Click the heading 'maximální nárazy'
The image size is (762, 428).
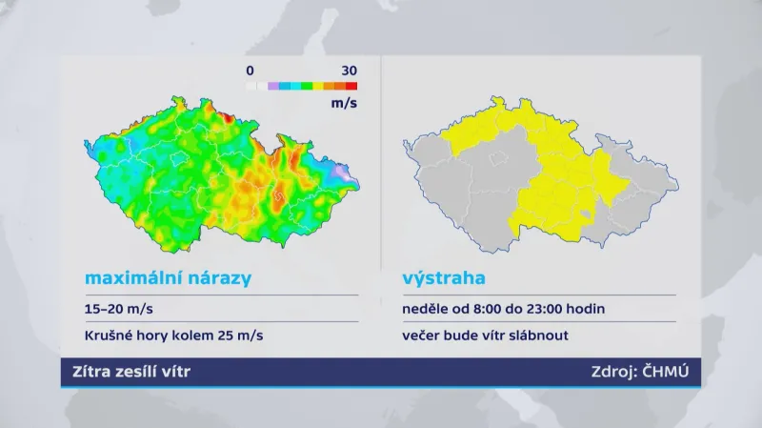click(x=168, y=279)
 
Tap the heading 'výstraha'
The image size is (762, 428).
click(x=444, y=279)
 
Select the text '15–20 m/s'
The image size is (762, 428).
click(x=117, y=309)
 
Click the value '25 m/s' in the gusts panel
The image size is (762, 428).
click(x=240, y=336)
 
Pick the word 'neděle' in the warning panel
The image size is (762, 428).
click(x=426, y=309)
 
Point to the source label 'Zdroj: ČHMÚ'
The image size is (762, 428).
click(x=639, y=372)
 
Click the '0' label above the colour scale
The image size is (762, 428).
click(x=250, y=71)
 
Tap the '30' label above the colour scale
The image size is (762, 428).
click(x=349, y=71)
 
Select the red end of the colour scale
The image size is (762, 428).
click(x=351, y=86)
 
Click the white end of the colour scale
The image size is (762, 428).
click(x=251, y=86)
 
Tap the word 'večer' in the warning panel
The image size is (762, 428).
click(x=424, y=336)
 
